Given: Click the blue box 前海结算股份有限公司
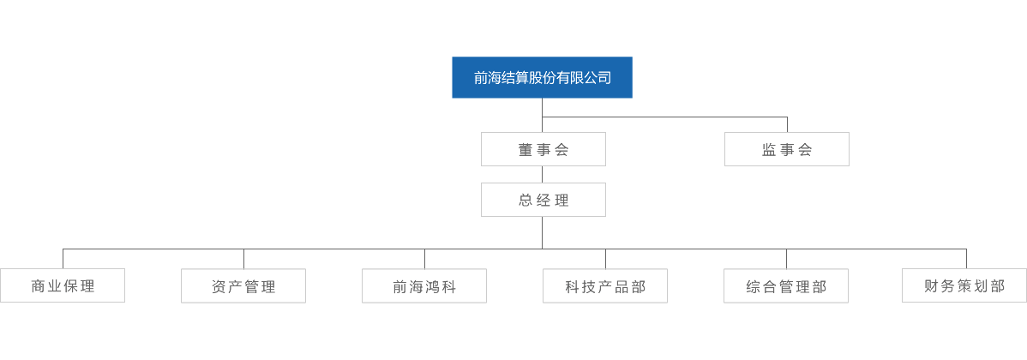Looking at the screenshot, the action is pyautogui.click(x=543, y=77).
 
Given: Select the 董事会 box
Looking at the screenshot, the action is pyautogui.click(x=543, y=149).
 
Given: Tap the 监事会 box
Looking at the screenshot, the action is pyautogui.click(x=787, y=149).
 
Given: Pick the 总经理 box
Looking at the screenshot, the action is pyautogui.click(x=543, y=200).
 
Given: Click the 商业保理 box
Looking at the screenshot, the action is pyautogui.click(x=63, y=285).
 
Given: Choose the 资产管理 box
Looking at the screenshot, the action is pyautogui.click(x=243, y=286).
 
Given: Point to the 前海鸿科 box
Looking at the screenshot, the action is pyautogui.click(x=424, y=286).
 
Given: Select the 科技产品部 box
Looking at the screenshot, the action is pyautogui.click(x=605, y=286).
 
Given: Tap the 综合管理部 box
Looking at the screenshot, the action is pyautogui.click(x=786, y=286).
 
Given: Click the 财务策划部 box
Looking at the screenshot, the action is pyautogui.click(x=964, y=285).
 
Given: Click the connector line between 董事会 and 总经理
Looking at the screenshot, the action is pyautogui.click(x=543, y=174).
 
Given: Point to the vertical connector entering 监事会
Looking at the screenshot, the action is pyautogui.click(x=787, y=124).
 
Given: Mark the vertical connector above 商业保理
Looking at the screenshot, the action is pyautogui.click(x=63, y=259).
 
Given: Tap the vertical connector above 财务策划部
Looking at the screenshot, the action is pyautogui.click(x=966, y=259).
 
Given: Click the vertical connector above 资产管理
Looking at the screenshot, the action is pyautogui.click(x=243, y=259).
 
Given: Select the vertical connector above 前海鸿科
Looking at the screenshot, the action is pyautogui.click(x=424, y=259).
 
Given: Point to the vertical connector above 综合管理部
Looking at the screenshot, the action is pyautogui.click(x=786, y=259).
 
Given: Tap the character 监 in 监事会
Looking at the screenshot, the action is pyautogui.click(x=769, y=150).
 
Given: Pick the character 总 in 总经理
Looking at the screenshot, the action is pyautogui.click(x=526, y=201).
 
